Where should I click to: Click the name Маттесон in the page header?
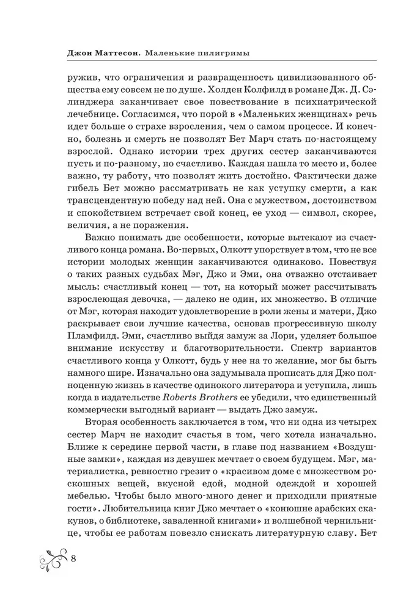[117, 53]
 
